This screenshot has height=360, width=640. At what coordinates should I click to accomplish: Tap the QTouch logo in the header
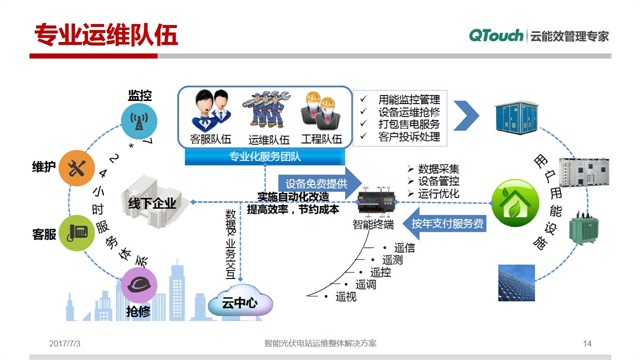(498, 35)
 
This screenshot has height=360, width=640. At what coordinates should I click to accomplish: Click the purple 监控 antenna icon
(140, 121)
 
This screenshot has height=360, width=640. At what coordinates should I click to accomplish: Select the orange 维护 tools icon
(77, 167)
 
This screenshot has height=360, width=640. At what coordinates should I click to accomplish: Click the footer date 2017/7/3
(66, 343)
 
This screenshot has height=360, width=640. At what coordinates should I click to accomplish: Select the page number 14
(587, 343)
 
